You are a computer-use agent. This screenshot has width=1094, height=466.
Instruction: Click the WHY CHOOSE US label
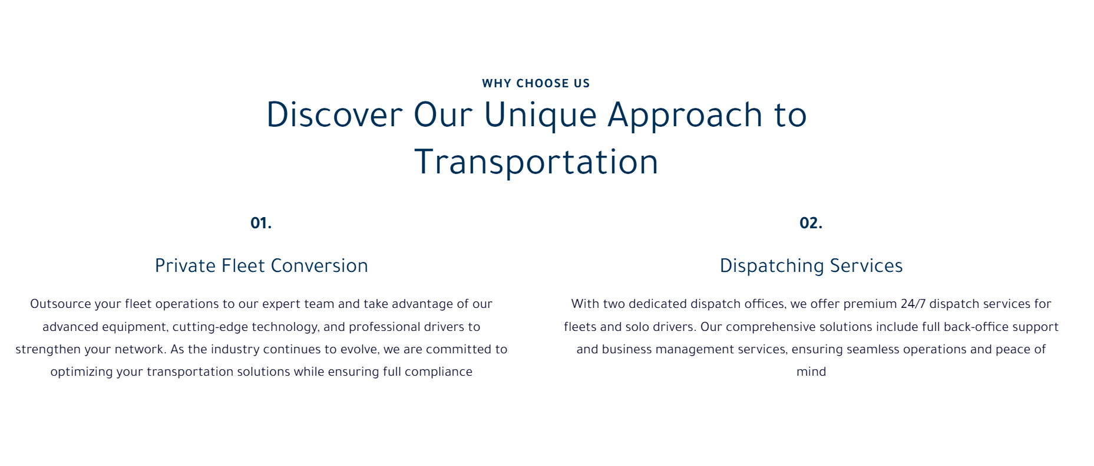pyautogui.click(x=536, y=83)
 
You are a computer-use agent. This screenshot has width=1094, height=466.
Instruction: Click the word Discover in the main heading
pyautogui.click(x=335, y=114)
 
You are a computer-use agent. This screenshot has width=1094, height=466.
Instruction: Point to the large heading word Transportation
pyautogui.click(x=536, y=162)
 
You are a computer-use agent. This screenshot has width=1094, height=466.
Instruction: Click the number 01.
pyautogui.click(x=261, y=223)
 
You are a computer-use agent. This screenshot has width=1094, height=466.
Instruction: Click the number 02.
pyautogui.click(x=811, y=223)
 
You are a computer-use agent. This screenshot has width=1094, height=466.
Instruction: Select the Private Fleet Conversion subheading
pyautogui.click(x=262, y=265)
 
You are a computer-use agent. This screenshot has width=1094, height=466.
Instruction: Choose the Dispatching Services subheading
pyautogui.click(x=811, y=266)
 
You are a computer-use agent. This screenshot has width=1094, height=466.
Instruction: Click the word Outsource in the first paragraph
pyautogui.click(x=61, y=304)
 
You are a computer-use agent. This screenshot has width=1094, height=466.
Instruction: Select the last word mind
pyautogui.click(x=811, y=372)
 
